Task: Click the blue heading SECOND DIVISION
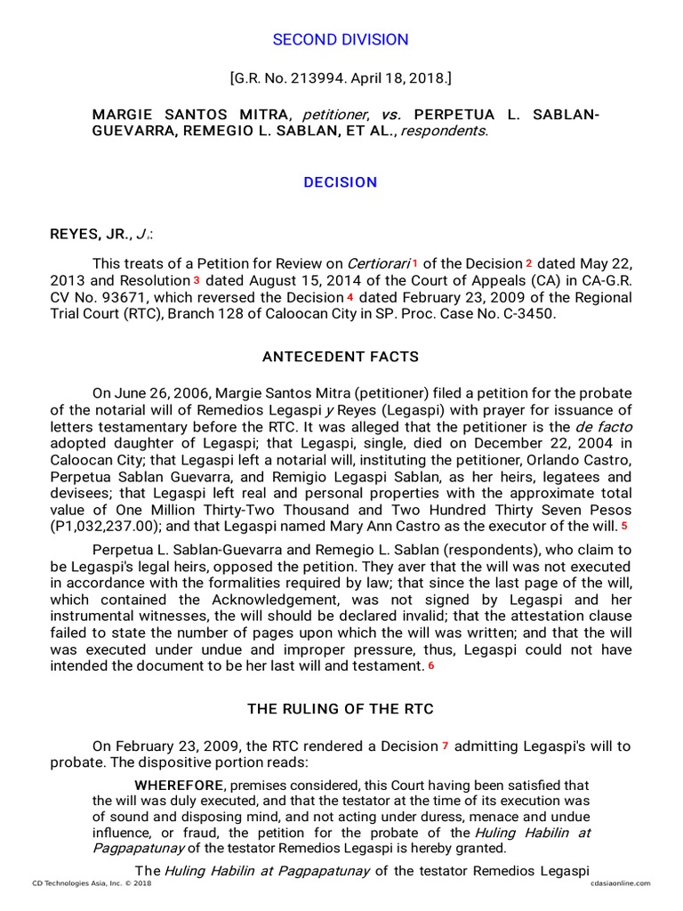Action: pos(341,40)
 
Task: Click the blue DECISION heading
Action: pos(341,182)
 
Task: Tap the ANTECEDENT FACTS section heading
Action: pos(341,357)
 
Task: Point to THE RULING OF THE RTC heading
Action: pos(341,708)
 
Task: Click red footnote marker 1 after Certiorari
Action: pos(414,263)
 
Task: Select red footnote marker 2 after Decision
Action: pos(528,263)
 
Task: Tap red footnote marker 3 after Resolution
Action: pos(197,280)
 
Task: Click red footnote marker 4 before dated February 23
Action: pos(350,297)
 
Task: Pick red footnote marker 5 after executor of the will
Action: pos(625,527)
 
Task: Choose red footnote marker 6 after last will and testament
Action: pos(431,665)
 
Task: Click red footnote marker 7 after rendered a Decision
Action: pos(446,746)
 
